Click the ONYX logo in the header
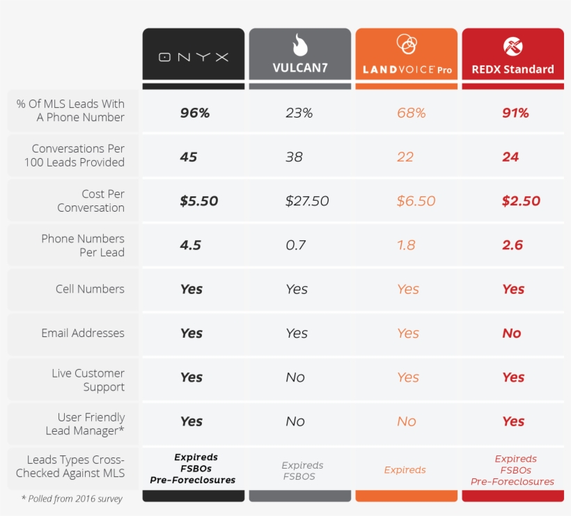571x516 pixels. [x=194, y=57]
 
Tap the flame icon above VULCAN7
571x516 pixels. [x=299, y=46]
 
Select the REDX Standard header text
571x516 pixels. [x=513, y=69]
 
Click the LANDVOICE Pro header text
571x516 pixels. [x=407, y=70]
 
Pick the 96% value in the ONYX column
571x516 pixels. [x=194, y=113]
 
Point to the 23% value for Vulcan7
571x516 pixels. [x=299, y=113]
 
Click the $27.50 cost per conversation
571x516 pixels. [x=307, y=201]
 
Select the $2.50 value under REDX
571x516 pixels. [x=521, y=201]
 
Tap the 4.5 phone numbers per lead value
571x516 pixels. [x=190, y=245]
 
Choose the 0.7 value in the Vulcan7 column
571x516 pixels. [x=295, y=245]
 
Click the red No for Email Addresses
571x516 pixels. [x=512, y=334]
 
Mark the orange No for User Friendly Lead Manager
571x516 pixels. [x=407, y=421]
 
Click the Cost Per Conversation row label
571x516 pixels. [x=91, y=201]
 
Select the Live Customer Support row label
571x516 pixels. [x=88, y=380]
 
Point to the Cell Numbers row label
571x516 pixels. [x=90, y=289]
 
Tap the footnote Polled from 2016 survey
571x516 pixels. [x=72, y=499]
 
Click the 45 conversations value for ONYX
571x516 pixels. [x=189, y=157]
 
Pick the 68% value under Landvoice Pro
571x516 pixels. [x=411, y=113]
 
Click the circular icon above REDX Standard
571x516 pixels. [x=513, y=47]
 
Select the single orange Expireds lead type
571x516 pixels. [x=405, y=470]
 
